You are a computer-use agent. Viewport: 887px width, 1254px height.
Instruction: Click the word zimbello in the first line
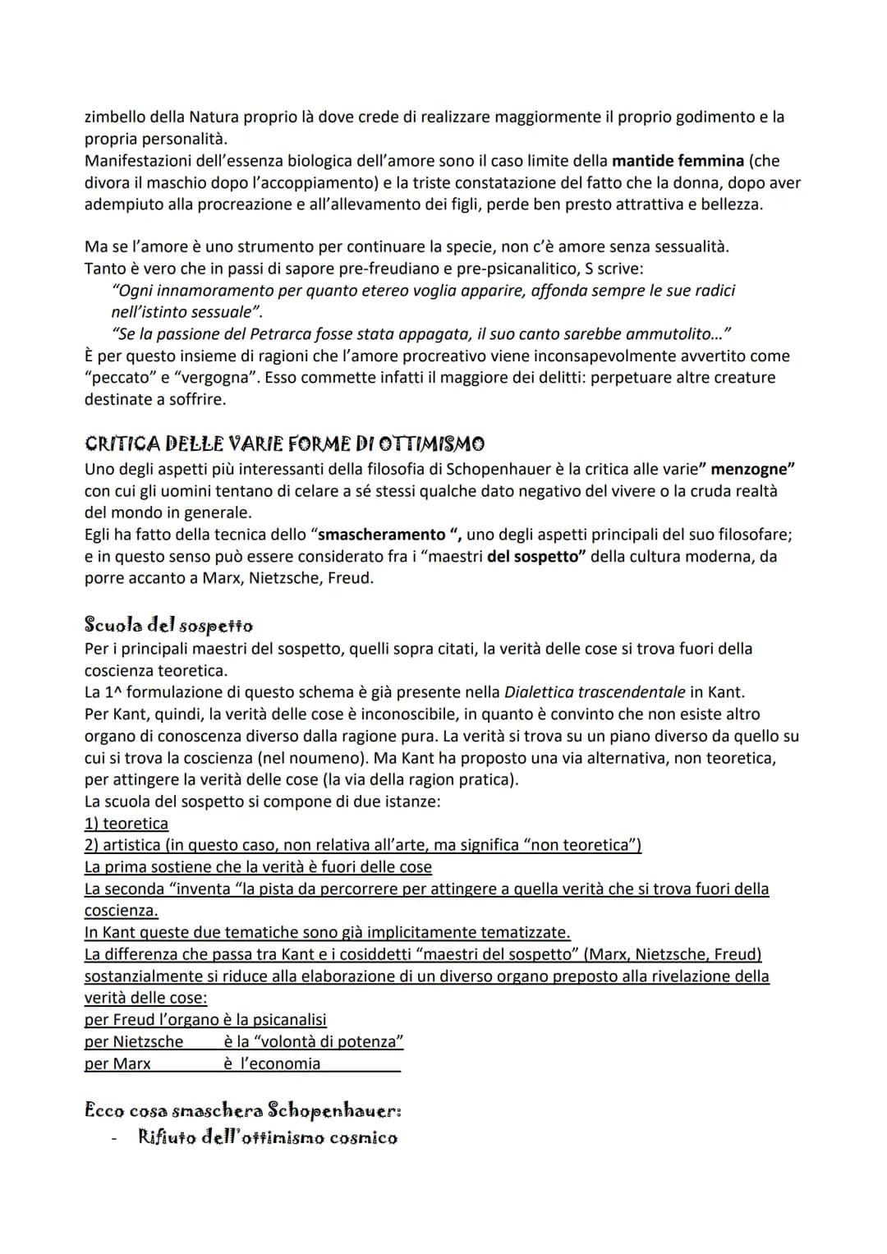116,117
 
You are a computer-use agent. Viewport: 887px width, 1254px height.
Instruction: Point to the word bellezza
731,204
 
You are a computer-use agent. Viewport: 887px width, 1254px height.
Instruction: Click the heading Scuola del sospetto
168,626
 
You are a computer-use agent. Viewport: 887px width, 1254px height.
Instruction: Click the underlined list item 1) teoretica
126,824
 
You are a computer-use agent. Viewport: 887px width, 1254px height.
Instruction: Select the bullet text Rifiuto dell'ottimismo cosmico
268,1138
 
